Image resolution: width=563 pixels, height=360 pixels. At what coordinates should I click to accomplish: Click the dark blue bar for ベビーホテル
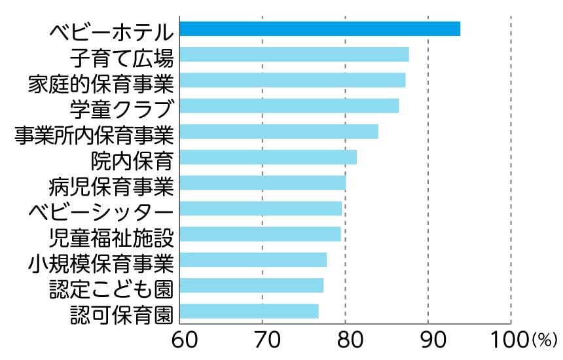click(x=319, y=29)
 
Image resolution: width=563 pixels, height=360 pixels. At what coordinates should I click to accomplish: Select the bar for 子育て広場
click(x=294, y=54)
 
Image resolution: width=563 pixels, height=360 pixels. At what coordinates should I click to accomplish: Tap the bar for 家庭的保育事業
click(x=292, y=81)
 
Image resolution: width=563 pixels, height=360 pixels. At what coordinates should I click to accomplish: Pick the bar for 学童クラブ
click(x=289, y=106)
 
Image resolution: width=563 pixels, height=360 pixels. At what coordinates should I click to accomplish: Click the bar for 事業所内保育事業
click(x=279, y=132)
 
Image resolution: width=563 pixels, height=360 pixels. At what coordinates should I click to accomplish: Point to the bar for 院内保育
click(x=268, y=157)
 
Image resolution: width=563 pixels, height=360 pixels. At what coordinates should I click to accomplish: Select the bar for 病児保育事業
click(x=263, y=183)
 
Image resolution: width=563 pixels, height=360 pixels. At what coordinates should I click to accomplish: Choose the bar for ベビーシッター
click(x=261, y=208)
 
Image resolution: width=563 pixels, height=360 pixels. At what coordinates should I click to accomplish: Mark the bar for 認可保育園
click(x=249, y=311)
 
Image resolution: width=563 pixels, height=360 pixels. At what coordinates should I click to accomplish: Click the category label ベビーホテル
click(x=111, y=31)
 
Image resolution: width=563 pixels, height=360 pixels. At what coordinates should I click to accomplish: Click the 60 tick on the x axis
click(x=180, y=339)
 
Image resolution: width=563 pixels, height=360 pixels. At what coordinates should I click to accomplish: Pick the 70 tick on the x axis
click(x=263, y=339)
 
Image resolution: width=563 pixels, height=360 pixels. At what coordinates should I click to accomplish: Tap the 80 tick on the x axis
click(x=345, y=339)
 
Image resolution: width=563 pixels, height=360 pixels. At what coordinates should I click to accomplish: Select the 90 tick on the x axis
click(x=428, y=339)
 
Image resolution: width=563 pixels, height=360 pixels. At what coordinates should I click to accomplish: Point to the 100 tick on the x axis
click(x=509, y=339)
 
